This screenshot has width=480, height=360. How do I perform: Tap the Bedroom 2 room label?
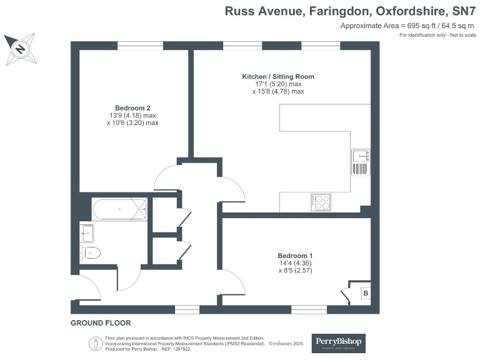coord(132,107)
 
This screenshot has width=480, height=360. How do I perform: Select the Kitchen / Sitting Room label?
coord(278,76)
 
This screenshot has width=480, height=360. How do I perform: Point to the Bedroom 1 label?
coord(295,256)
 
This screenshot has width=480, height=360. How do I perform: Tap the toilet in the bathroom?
coord(91,253)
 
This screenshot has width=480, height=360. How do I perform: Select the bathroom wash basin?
coord(86,232)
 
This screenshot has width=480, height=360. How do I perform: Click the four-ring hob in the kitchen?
coord(321,202)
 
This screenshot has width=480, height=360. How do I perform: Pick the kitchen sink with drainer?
coord(361,161)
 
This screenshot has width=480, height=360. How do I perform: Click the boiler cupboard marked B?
coord(365,292)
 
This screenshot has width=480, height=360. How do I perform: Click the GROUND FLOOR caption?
coord(101,323)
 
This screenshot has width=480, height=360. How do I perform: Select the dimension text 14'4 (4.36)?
coord(295,263)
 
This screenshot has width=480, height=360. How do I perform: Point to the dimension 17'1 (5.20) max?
coord(278,84)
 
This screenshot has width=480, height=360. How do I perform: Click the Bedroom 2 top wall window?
coord(141,46)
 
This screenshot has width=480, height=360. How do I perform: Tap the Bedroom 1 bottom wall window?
coord(309,309)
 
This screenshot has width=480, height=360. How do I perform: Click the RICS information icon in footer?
coord(94,343)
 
